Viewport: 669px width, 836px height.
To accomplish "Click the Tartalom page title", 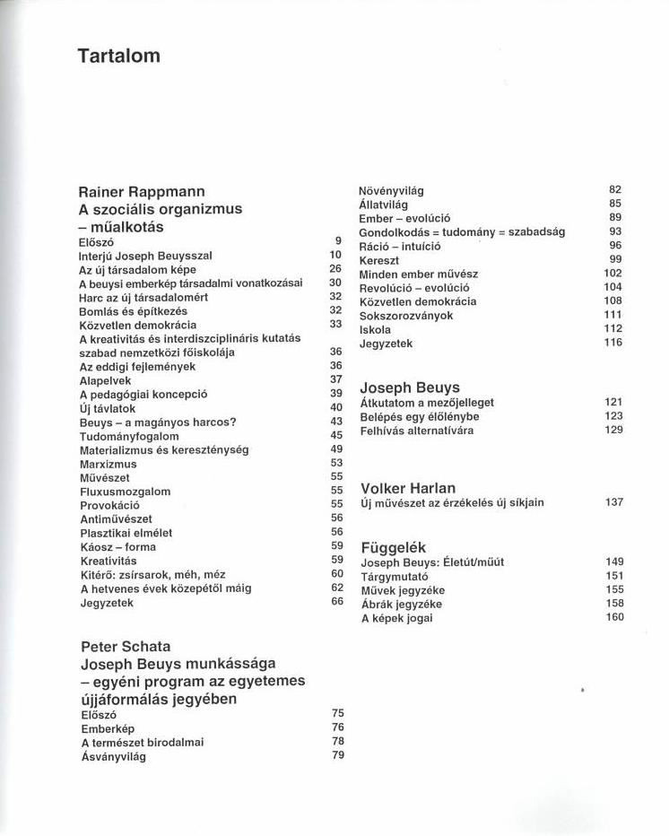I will pyautogui.click(x=118, y=56).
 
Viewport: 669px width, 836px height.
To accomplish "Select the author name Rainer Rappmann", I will pyautogui.click(x=142, y=191).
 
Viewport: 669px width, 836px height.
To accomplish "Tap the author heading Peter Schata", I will pyautogui.click(x=126, y=646).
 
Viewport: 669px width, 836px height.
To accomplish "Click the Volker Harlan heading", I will pyautogui.click(x=407, y=489).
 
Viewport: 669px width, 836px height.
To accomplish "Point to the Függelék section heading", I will pyautogui.click(x=393, y=547).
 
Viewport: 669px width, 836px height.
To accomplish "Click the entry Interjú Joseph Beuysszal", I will pyautogui.click(x=145, y=256).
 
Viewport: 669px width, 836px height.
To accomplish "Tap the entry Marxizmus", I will pyautogui.click(x=108, y=464).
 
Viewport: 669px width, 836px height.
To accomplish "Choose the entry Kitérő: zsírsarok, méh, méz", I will pyautogui.click(x=152, y=574).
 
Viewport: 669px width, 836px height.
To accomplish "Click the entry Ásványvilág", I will pyautogui.click(x=113, y=756).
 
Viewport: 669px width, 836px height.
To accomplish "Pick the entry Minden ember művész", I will pyautogui.click(x=418, y=274).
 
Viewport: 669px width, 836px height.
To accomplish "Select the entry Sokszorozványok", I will pyautogui.click(x=405, y=316).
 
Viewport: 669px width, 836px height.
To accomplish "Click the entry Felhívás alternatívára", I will pyautogui.click(x=416, y=431).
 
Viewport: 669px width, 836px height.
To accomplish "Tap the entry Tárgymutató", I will pyautogui.click(x=394, y=576).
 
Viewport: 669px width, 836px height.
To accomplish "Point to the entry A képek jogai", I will pyautogui.click(x=395, y=618).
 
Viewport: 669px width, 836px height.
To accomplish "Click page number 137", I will pyautogui.click(x=613, y=502).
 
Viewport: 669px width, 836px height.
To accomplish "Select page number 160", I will pyautogui.click(x=613, y=617).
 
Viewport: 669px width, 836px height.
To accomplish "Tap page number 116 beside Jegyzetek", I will pyautogui.click(x=613, y=343).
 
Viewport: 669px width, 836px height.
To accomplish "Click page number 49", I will pyautogui.click(x=336, y=449).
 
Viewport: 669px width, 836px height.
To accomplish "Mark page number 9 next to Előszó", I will pyautogui.click(x=338, y=241).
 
